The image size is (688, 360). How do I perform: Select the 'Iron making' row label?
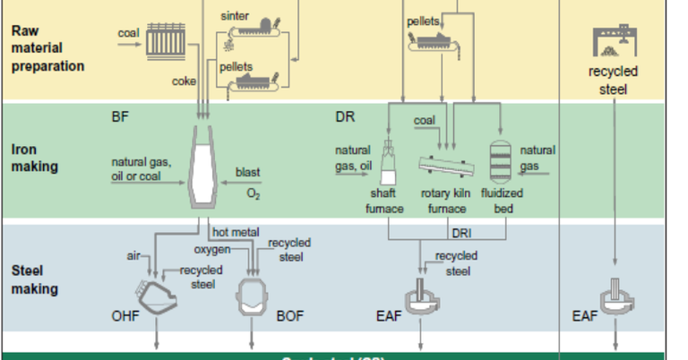(x=35, y=158)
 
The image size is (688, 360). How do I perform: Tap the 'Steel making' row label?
(x=35, y=279)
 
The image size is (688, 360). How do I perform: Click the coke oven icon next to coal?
(x=166, y=39)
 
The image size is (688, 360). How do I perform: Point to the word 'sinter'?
(x=234, y=16)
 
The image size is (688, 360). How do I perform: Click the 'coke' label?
(x=184, y=81)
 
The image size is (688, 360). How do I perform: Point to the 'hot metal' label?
(x=236, y=232)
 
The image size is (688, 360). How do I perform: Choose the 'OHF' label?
(x=125, y=315)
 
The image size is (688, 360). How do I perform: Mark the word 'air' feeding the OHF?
(x=135, y=256)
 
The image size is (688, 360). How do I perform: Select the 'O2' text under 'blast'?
(x=253, y=193)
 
